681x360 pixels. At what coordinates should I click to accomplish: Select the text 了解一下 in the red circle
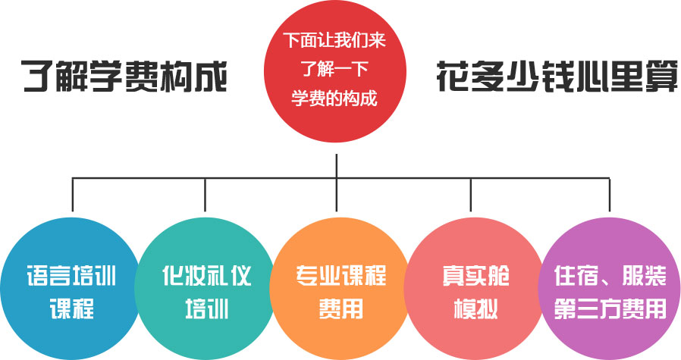click(334, 69)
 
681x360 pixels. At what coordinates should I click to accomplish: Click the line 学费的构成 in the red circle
click(334, 99)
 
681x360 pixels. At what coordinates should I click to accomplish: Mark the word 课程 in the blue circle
click(71, 308)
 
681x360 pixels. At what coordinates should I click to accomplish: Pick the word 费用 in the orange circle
click(340, 308)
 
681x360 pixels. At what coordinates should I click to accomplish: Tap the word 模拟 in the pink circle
click(471, 308)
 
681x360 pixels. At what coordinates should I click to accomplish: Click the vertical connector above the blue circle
click(73, 195)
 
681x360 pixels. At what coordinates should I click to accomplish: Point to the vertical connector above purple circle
click(610, 195)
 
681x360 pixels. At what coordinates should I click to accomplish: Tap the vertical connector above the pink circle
click(471, 195)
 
